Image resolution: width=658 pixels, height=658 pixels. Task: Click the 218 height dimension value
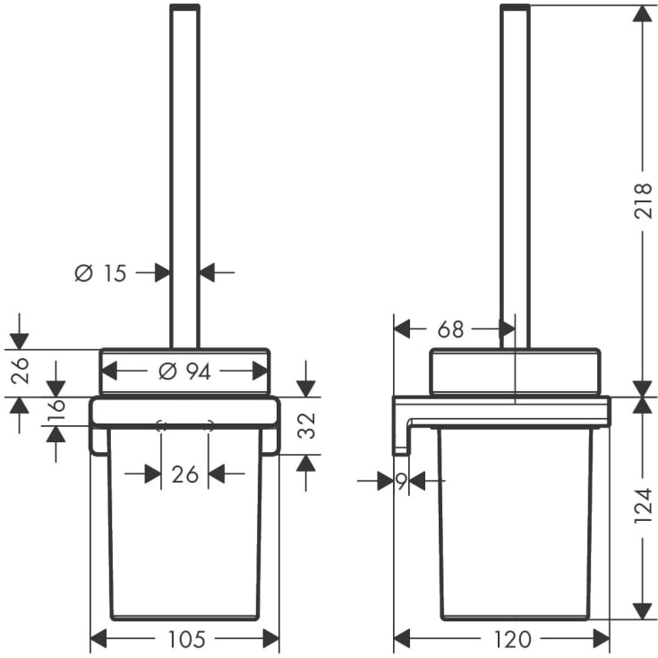[x=643, y=201]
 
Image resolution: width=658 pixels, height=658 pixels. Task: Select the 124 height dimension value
[x=643, y=505]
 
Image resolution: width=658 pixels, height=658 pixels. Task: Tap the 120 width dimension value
[x=512, y=639]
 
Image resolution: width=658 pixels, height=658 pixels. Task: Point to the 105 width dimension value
[x=186, y=639]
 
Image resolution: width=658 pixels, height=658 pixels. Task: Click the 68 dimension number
[x=450, y=329]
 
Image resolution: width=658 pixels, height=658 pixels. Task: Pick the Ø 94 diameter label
[x=184, y=372]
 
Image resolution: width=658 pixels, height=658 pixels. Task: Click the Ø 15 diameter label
[x=100, y=273]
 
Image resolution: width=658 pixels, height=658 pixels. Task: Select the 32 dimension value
[x=306, y=425]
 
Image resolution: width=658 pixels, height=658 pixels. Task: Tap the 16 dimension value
[x=56, y=410]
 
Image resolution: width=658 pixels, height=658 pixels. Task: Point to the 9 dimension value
[x=402, y=481]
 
